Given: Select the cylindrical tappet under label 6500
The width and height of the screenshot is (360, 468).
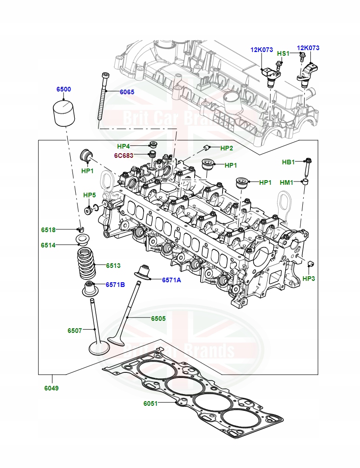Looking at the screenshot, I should (x=65, y=113).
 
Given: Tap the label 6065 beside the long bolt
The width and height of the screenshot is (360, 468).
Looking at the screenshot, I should (x=127, y=92).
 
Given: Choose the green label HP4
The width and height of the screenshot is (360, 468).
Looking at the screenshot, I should (x=124, y=146).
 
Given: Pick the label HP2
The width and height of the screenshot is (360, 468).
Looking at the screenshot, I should (x=227, y=148).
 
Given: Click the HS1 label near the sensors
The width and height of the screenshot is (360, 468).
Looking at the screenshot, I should (x=283, y=53).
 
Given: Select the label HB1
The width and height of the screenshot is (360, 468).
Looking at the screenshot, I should (x=288, y=162).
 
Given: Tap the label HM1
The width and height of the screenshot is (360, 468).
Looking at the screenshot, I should (x=287, y=182).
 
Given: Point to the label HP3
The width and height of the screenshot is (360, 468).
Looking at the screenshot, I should (x=308, y=279).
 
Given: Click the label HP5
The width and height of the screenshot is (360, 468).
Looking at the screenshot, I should (x=89, y=195).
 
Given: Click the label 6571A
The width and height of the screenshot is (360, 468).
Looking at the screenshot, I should (x=171, y=280).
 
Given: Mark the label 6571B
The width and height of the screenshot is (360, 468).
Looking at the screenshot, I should (x=115, y=284).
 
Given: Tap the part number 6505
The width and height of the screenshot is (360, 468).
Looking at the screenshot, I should (x=158, y=318).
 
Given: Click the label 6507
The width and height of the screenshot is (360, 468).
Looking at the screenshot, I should (x=74, y=331).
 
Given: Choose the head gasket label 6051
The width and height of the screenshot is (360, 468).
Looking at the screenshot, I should (x=151, y=403).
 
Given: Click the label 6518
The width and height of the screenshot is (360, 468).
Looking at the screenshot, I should (x=48, y=230).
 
